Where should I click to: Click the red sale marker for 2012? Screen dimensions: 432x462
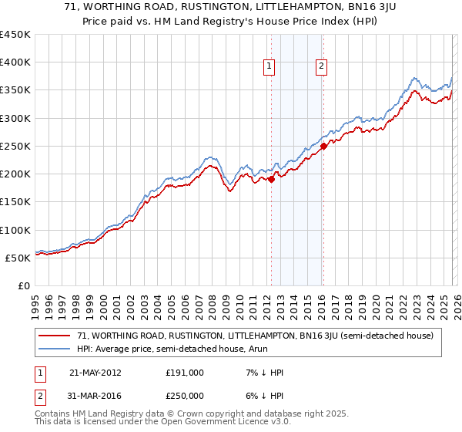pyautogui.click(x=271, y=179)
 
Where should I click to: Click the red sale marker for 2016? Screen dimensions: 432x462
pyautogui.click(x=323, y=146)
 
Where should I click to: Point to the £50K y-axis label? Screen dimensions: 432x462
pyautogui.click(x=18, y=258)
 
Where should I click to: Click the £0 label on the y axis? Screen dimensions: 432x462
pyautogui.click(x=25, y=285)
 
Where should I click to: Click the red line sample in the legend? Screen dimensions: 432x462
pyautogui.click(x=54, y=336)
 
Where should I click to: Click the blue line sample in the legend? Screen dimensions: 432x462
pyautogui.click(x=54, y=349)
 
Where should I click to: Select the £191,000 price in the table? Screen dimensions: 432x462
pyautogui.click(x=185, y=373)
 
